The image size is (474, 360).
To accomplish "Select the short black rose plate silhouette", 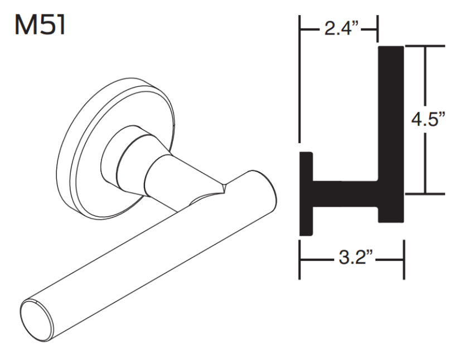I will point(306,192).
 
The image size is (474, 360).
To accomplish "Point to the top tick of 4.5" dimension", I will point(426,47).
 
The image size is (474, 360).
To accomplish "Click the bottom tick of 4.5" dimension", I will point(426,194).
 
